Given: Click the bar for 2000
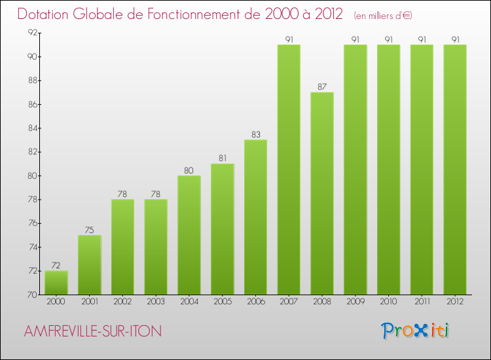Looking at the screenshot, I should pos(56,283).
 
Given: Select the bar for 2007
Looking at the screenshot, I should pos(289,170).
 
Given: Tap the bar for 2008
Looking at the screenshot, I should pos(322,193).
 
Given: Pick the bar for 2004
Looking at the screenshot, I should pos(189,235).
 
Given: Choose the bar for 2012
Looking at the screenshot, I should pos(455,170).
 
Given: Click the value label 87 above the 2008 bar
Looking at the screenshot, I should pos(322,87).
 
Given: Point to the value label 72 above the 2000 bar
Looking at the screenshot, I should pos(56,266).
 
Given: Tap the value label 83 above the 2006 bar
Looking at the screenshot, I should pos(255,135).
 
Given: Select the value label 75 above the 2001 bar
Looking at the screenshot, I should pos(90,230).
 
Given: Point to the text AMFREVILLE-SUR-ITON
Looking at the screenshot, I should pos(92,331).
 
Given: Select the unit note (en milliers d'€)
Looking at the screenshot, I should pos(383,15).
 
